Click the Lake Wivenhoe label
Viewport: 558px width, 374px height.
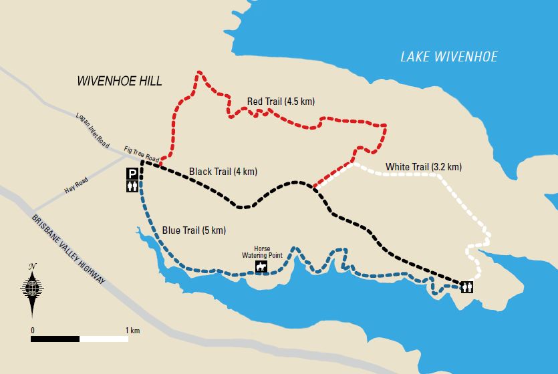pos(448,57)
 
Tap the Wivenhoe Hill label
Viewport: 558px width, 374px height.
pos(120,81)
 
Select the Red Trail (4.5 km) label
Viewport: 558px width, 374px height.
pos(281,102)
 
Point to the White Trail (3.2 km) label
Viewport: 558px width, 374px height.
pos(423,167)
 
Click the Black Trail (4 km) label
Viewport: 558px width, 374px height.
pos(223,172)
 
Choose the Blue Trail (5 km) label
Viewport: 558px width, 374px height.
pos(194,230)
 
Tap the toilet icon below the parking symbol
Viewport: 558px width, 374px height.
pos(132,188)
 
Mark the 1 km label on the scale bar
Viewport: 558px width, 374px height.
pos(132,331)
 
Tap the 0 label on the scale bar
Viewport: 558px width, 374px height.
pos(32,331)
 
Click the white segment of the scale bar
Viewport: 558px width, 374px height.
pos(104,339)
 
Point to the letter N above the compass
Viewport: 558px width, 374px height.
pos(31,267)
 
